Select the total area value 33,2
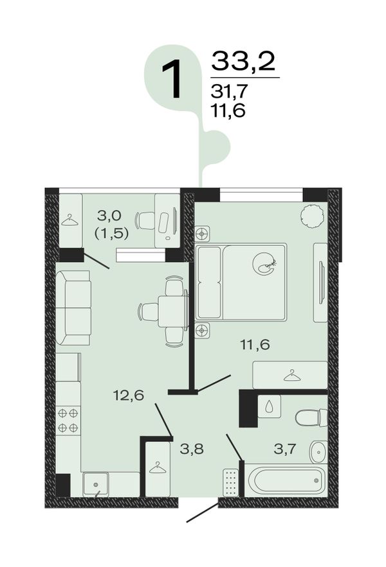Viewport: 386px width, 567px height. point(244,61)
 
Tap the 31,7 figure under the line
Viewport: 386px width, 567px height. point(229,91)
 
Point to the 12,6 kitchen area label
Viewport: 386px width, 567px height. point(129,396)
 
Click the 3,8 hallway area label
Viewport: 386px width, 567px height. point(192,449)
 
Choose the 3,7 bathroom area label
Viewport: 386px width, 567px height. point(285,449)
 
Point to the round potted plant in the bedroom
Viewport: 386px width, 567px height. point(312,216)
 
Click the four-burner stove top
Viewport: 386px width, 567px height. point(68,421)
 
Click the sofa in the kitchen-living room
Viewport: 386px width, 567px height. point(73,308)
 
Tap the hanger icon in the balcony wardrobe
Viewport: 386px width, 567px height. point(69,220)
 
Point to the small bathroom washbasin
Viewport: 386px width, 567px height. point(318,451)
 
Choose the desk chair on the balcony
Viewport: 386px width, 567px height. point(146,220)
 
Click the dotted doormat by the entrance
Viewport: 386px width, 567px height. point(231,482)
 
